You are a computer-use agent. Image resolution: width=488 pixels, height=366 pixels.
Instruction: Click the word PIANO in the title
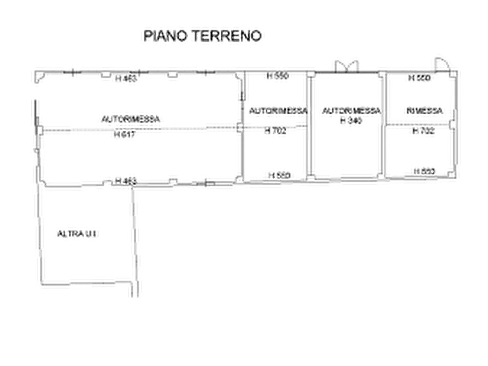(164, 37)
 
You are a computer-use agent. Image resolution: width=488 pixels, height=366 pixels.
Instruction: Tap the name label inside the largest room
(131, 117)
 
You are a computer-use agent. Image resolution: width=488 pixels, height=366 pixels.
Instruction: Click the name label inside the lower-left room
(78, 234)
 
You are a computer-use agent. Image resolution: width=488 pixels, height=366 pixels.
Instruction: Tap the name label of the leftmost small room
(278, 112)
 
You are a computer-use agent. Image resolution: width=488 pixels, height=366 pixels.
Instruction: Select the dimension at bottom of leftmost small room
(278, 175)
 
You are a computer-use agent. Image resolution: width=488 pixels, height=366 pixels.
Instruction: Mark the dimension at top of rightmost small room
(420, 79)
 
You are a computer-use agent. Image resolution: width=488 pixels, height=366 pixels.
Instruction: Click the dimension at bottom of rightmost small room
(424, 172)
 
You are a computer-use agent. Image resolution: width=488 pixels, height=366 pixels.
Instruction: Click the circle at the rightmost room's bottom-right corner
(453, 172)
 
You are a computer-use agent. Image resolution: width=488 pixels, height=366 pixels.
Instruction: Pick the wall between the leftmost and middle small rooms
(309, 126)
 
